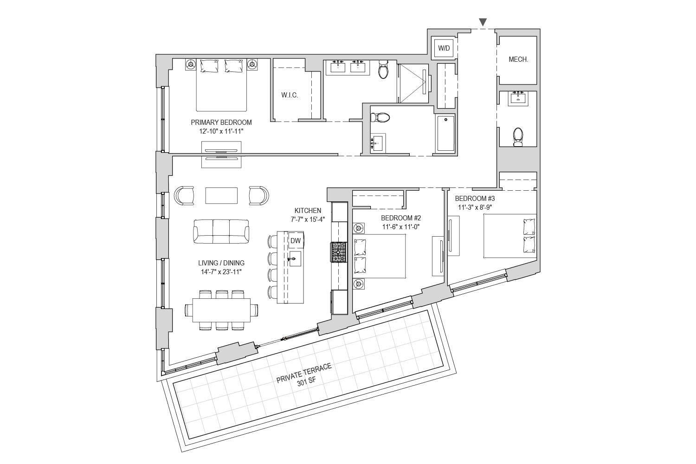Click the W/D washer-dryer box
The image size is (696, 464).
[444, 48]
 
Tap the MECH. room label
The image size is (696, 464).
[518, 59]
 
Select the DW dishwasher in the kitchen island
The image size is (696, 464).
[296, 240]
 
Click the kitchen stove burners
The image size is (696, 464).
[339, 252]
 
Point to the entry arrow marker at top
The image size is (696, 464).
[483, 22]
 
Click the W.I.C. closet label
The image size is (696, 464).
[290, 95]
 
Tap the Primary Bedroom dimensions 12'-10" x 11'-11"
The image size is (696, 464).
[221, 131]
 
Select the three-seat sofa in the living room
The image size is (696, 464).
[221, 232]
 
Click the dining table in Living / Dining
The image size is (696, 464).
[221, 310]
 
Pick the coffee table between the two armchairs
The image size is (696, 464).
[221, 195]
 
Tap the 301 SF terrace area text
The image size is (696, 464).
[307, 382]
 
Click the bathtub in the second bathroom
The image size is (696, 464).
[445, 133]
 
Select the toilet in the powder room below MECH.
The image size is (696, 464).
[518, 137]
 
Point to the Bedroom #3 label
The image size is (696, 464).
[475, 198]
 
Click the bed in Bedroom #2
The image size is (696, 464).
[380, 256]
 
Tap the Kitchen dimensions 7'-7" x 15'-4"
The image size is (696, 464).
[308, 219]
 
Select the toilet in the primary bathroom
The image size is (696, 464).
[383, 69]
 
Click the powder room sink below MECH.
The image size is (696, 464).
[518, 99]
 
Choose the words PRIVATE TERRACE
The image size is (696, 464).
[304, 373]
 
